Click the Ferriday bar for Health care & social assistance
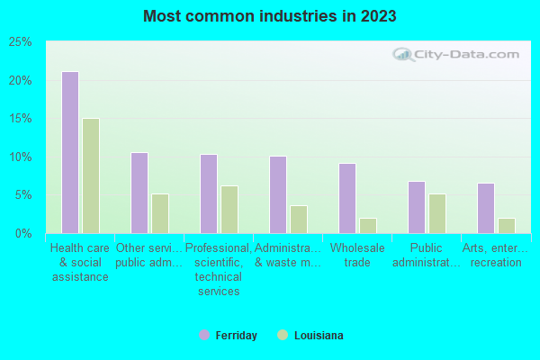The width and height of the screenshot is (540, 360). pyautogui.click(x=69, y=152)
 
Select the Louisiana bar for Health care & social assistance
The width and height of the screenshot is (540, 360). pyautogui.click(x=91, y=175)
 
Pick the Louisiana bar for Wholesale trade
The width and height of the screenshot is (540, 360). pyautogui.click(x=368, y=225)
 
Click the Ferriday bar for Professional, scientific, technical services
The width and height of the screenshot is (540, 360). pyautogui.click(x=208, y=193)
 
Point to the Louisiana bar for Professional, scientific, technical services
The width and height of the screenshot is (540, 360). pyautogui.click(x=229, y=209)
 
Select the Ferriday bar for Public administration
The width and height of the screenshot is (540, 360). pyautogui.click(x=416, y=207)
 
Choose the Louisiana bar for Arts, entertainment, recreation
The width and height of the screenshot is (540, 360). pyautogui.click(x=507, y=225)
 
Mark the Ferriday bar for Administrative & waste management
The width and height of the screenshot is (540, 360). pyautogui.click(x=277, y=194)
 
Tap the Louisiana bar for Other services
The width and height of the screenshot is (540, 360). pyautogui.click(x=160, y=213)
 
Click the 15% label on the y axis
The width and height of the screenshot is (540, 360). pyautogui.click(x=21, y=119)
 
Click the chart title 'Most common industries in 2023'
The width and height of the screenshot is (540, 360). pyautogui.click(x=270, y=16)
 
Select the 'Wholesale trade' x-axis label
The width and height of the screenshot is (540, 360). pyautogui.click(x=357, y=255)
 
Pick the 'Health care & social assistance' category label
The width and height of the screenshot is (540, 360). pyautogui.click(x=79, y=262)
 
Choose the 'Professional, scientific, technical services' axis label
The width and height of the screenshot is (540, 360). pyautogui.click(x=218, y=269)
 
